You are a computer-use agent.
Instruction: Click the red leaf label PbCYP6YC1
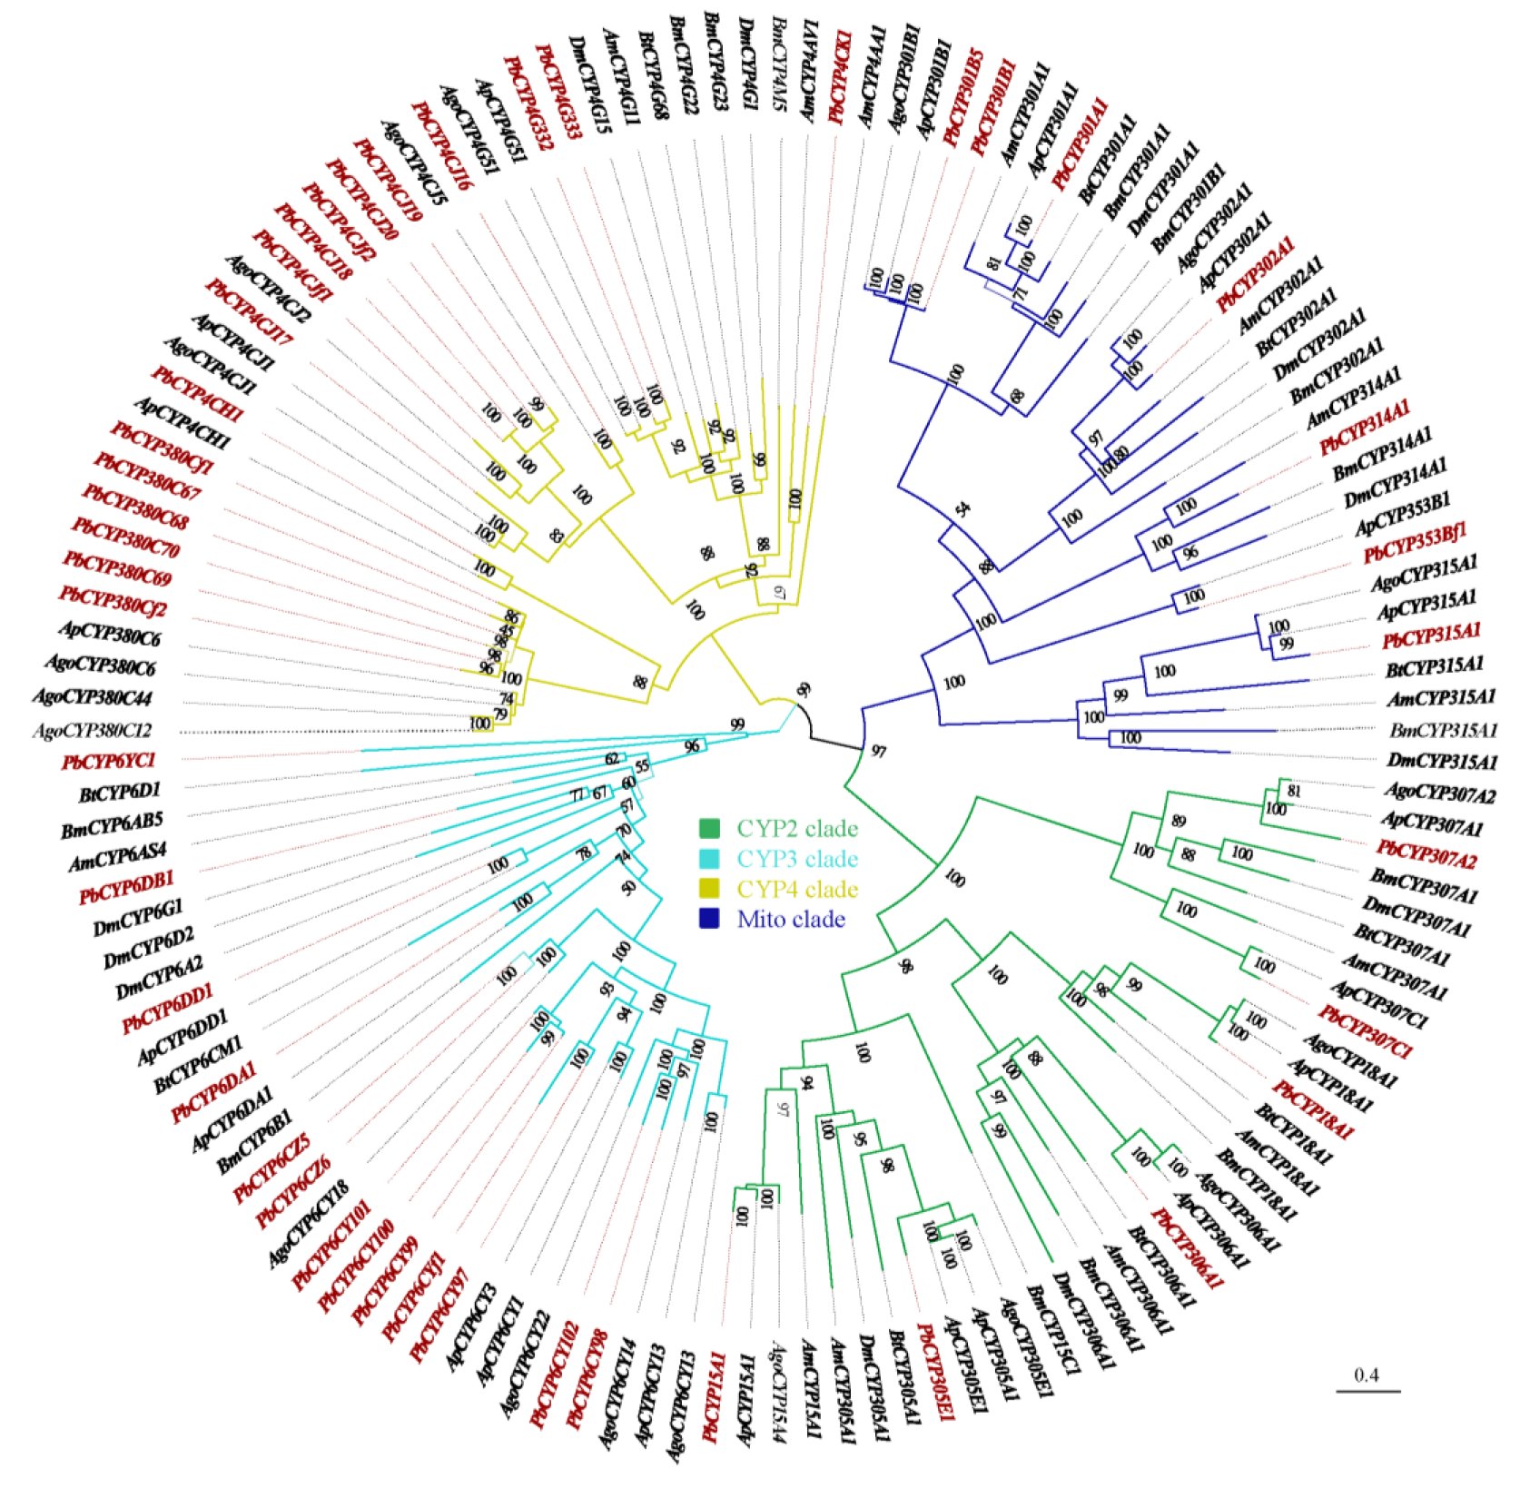[109, 761]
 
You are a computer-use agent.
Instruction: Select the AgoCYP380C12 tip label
[92, 730]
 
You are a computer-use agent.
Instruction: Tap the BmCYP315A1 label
[1443, 729]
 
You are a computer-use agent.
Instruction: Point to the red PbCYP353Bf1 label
[1415, 542]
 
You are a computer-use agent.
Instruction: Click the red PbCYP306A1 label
[1188, 1248]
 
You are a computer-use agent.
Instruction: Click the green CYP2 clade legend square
[709, 828]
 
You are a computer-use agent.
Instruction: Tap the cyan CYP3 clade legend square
[709, 859]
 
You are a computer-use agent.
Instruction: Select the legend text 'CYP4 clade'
[797, 889]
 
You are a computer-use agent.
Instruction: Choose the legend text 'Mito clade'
[791, 920]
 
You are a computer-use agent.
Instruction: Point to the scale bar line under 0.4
[1367, 1391]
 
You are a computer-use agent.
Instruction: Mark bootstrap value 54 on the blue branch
[962, 509]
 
